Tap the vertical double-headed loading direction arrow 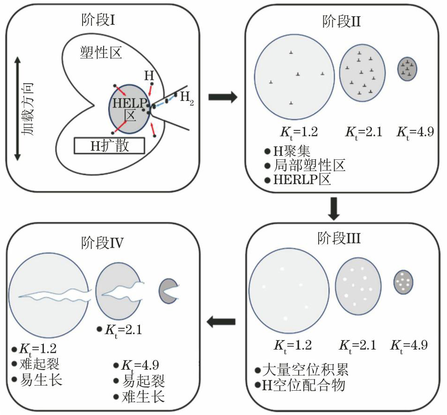pos(17,108)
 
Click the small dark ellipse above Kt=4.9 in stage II pos(407,69)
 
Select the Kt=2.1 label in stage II pos(363,131)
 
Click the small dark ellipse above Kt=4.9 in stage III pos(404,282)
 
